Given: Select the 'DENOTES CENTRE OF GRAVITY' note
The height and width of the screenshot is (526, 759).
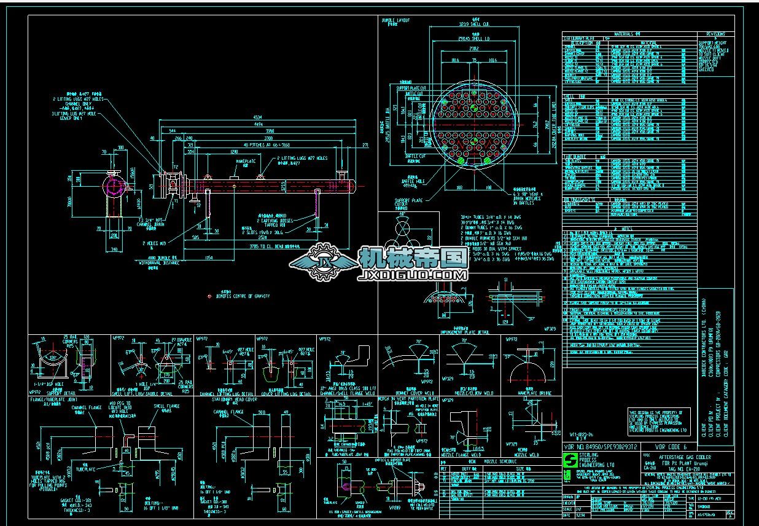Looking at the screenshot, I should [244, 296].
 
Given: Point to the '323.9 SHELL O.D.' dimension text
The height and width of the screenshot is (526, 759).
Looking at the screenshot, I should [473, 24].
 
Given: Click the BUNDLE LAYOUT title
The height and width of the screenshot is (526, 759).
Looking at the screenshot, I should [396, 20].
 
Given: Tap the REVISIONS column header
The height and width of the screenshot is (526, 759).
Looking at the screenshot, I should [715, 34].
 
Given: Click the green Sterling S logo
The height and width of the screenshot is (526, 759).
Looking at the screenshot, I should [569, 461].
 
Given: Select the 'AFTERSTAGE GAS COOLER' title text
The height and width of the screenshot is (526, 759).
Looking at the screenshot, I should [685, 458].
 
